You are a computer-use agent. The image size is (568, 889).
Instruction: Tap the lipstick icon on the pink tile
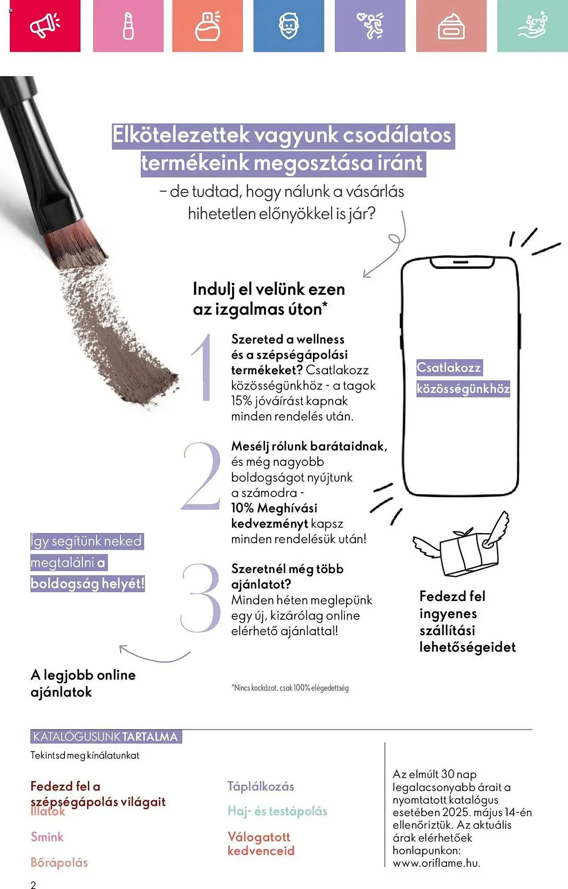tap(128, 26)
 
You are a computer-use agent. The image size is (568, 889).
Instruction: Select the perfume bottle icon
tap(208, 26)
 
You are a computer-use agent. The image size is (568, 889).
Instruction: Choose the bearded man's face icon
tap(288, 26)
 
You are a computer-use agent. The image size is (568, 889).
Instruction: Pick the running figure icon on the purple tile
tap(370, 25)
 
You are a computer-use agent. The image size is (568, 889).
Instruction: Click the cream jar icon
tap(451, 27)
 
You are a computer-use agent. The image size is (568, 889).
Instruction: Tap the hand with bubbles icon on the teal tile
tap(532, 26)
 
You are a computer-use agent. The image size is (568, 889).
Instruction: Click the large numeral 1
tap(202, 367)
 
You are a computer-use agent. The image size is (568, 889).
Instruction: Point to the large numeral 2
tap(201, 476)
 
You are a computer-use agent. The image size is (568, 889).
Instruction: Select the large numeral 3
tap(201, 598)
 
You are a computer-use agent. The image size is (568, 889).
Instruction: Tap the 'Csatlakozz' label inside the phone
tap(449, 368)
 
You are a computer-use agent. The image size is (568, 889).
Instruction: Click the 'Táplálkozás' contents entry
tap(261, 786)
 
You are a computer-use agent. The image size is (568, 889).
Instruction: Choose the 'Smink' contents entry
tap(47, 837)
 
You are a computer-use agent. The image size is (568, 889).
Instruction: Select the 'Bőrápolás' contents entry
tap(59, 862)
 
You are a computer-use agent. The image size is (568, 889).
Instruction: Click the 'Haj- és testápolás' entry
tap(277, 811)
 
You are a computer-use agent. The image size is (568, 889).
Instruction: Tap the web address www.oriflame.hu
tap(436, 863)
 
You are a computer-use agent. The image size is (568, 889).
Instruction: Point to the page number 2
tap(33, 884)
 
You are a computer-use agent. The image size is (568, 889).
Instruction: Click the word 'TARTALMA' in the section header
tap(150, 737)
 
